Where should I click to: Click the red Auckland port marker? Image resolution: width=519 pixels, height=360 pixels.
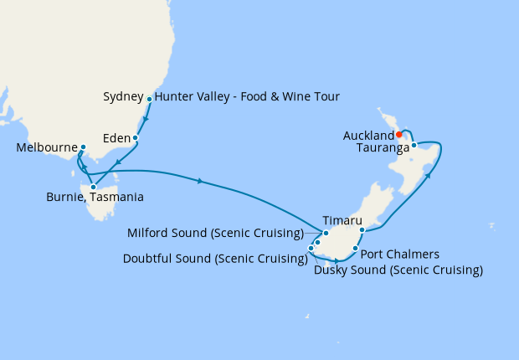click(x=399, y=134)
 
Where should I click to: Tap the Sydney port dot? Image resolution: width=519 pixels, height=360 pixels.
click(x=149, y=99)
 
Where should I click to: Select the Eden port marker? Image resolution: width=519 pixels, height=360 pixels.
click(x=135, y=137)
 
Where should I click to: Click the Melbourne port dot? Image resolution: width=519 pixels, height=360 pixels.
click(x=82, y=147)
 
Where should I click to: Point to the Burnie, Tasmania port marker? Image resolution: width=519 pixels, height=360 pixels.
click(x=93, y=187)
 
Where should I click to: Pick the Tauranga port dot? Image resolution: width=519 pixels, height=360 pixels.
click(x=414, y=146)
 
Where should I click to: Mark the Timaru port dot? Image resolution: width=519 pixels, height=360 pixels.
click(x=361, y=229)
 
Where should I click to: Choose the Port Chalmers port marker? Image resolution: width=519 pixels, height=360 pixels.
click(x=356, y=249)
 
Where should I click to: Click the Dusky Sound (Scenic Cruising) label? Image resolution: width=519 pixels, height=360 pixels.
click(x=398, y=270)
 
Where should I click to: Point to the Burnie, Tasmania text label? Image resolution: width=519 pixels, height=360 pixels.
click(x=95, y=198)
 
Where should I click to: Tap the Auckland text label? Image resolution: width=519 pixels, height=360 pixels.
click(x=368, y=136)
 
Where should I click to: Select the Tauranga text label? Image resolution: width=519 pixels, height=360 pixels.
click(x=382, y=147)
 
